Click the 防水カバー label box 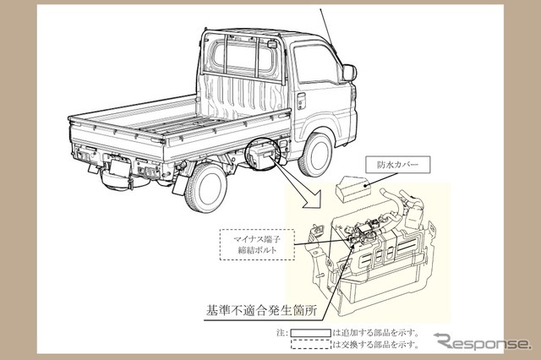click(398, 165)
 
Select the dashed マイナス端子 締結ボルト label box click(257, 244)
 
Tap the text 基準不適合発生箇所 click(261, 310)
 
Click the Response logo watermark click(483, 341)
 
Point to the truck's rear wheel click(206, 187)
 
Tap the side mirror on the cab click(349, 73)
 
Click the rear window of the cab click(243, 57)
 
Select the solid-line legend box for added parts click(311, 333)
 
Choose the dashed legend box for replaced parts click(311, 344)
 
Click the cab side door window click(315, 65)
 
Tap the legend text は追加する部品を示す click(375, 333)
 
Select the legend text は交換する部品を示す click(375, 344)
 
